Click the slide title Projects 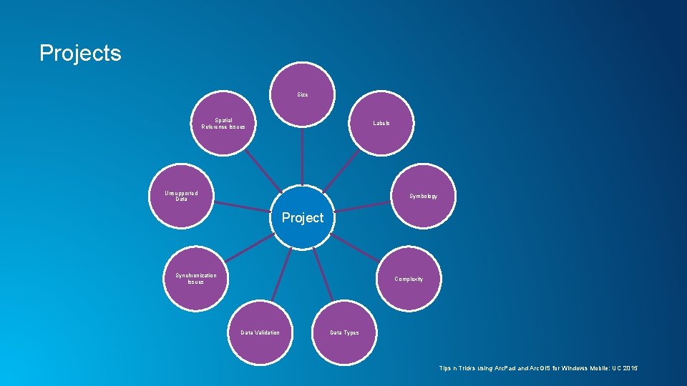[x=80, y=53]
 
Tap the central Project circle [x=303, y=218]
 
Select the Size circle [x=303, y=95]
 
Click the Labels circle [x=381, y=124]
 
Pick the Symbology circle [x=423, y=196]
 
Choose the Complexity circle [x=409, y=279]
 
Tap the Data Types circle [x=344, y=332]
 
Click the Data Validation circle [x=260, y=332]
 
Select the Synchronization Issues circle [x=196, y=279]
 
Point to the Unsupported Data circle [x=182, y=196]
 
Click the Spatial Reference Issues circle [x=223, y=124]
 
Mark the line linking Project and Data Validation [x=281, y=275]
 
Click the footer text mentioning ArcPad [x=537, y=368]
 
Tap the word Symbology [x=423, y=197]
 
